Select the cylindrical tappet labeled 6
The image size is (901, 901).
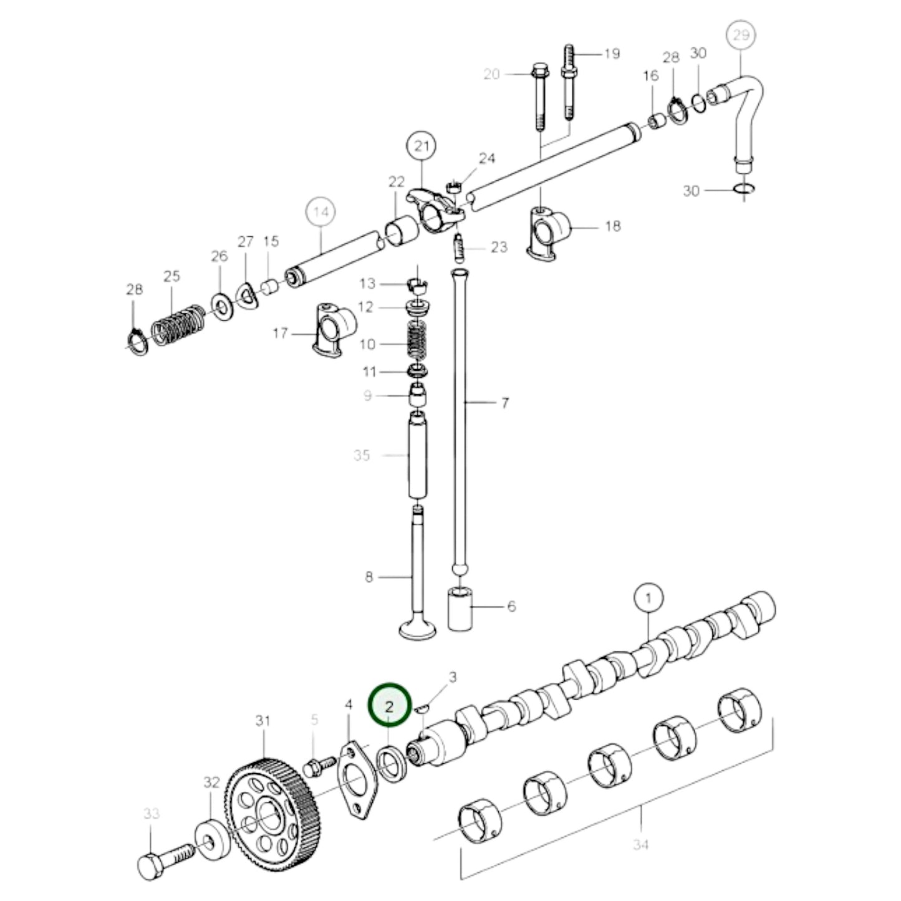click(x=460, y=608)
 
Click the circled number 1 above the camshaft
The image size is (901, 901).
click(x=648, y=599)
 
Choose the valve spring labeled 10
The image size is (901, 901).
click(x=418, y=343)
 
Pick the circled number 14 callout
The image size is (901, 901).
click(x=320, y=212)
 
